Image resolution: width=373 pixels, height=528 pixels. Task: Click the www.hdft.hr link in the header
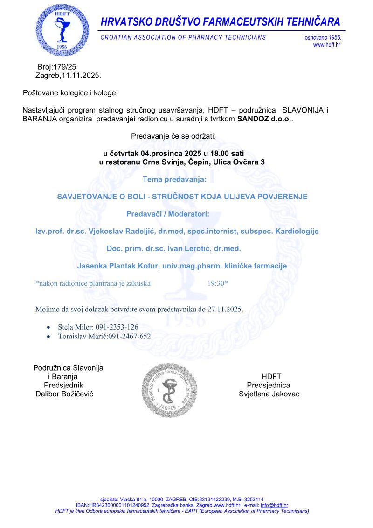tap(326, 45)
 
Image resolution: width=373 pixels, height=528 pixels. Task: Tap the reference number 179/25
tap(62, 67)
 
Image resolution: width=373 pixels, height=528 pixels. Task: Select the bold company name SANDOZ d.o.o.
tap(264, 120)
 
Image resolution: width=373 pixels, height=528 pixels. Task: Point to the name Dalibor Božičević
tap(65, 394)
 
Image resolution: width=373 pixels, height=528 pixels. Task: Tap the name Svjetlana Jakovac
tap(269, 394)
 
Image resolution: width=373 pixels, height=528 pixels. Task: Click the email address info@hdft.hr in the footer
tap(274, 505)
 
